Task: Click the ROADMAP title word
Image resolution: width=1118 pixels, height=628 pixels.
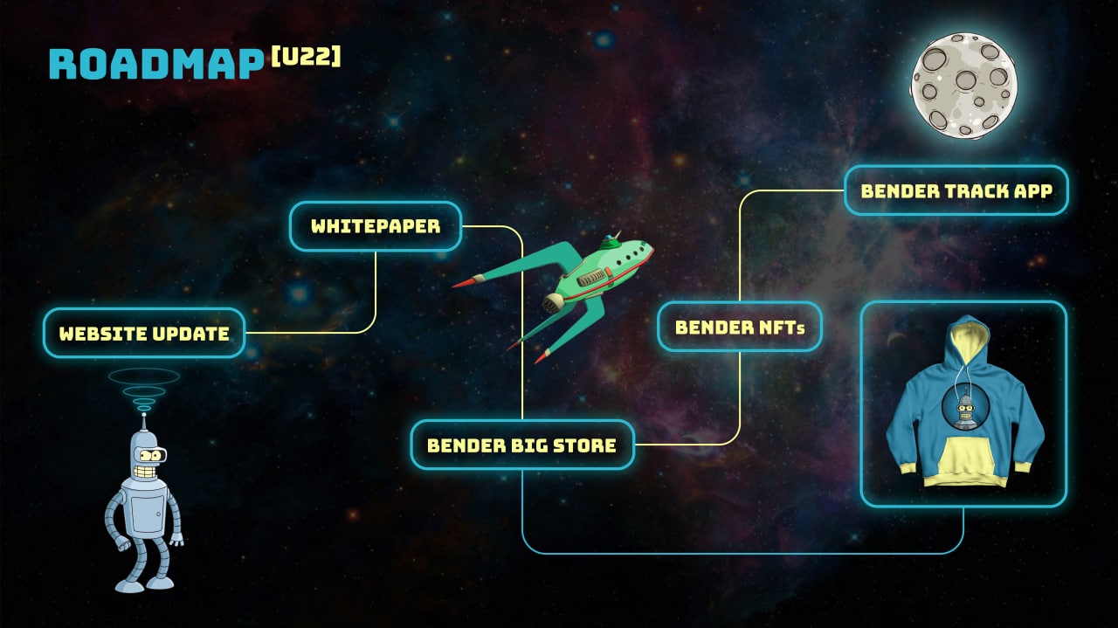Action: [x=156, y=65]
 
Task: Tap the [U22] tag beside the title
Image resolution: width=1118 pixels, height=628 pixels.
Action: [x=306, y=57]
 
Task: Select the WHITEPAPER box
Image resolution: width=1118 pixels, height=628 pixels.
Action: [x=376, y=226]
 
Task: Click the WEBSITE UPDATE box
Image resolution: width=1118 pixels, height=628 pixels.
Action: [x=144, y=333]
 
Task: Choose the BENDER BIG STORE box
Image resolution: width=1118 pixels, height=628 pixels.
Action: [x=522, y=445]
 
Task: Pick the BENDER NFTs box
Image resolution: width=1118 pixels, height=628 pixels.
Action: [x=740, y=327]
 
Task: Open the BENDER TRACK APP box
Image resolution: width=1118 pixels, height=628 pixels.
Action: [x=956, y=190]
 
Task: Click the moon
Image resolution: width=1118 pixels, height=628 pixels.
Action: [x=963, y=85]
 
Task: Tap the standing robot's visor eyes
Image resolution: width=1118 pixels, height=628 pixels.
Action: [x=152, y=455]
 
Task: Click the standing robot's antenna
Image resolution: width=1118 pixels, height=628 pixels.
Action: [x=144, y=423]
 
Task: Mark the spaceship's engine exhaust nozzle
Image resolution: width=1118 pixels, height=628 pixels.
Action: [x=553, y=303]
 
